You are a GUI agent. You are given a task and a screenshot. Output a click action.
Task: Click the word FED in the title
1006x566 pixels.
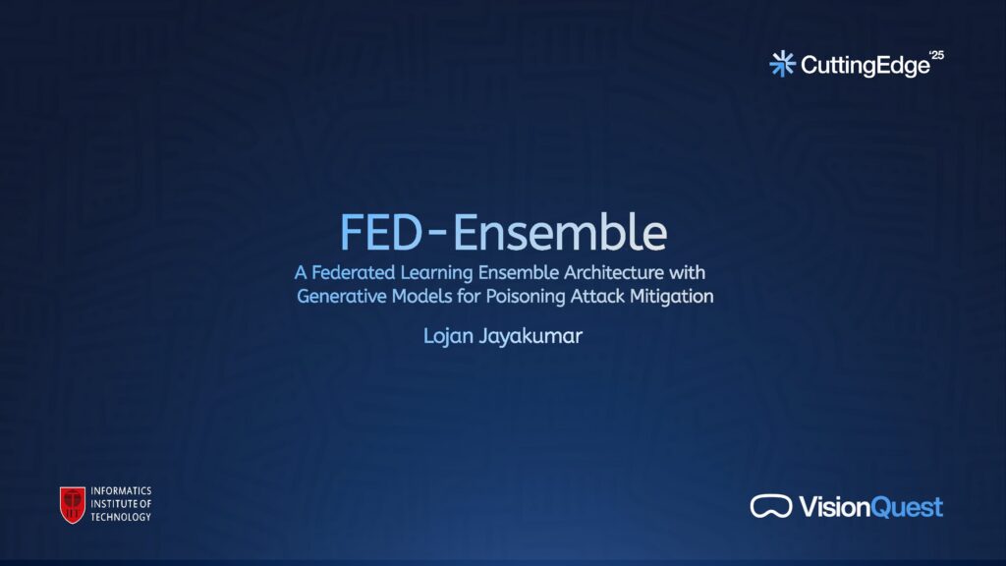[380, 232]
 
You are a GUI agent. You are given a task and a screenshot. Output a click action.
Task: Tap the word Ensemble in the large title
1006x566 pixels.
[560, 232]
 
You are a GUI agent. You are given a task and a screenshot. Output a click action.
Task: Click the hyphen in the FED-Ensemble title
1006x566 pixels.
[437, 234]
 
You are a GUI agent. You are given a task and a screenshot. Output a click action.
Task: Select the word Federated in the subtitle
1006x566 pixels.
[353, 273]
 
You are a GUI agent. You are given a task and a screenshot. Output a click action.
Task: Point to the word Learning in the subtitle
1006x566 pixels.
[436, 273]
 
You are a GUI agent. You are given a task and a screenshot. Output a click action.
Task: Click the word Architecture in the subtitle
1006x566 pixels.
[614, 273]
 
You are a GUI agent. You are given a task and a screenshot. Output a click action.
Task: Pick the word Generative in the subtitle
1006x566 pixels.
[341, 297]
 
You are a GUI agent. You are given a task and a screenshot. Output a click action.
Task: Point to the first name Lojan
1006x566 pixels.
[448, 336]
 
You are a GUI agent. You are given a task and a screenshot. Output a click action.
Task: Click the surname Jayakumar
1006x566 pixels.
[531, 336]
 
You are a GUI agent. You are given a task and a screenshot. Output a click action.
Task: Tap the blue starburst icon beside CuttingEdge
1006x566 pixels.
[782, 64]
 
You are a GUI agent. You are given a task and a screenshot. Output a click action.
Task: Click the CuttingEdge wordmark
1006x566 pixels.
[866, 66]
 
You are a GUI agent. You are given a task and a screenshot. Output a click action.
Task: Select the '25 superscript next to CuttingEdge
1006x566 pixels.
[937, 55]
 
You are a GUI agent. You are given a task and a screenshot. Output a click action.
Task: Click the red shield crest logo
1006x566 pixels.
[73, 504]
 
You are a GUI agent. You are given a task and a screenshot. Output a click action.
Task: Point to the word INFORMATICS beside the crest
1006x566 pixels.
[121, 491]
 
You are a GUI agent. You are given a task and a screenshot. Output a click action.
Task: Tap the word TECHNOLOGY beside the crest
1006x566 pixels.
[121, 517]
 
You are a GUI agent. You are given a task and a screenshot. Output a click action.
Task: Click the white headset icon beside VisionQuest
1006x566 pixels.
[771, 506]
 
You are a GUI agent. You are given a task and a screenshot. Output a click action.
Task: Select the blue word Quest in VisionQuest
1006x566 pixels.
[907, 508]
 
